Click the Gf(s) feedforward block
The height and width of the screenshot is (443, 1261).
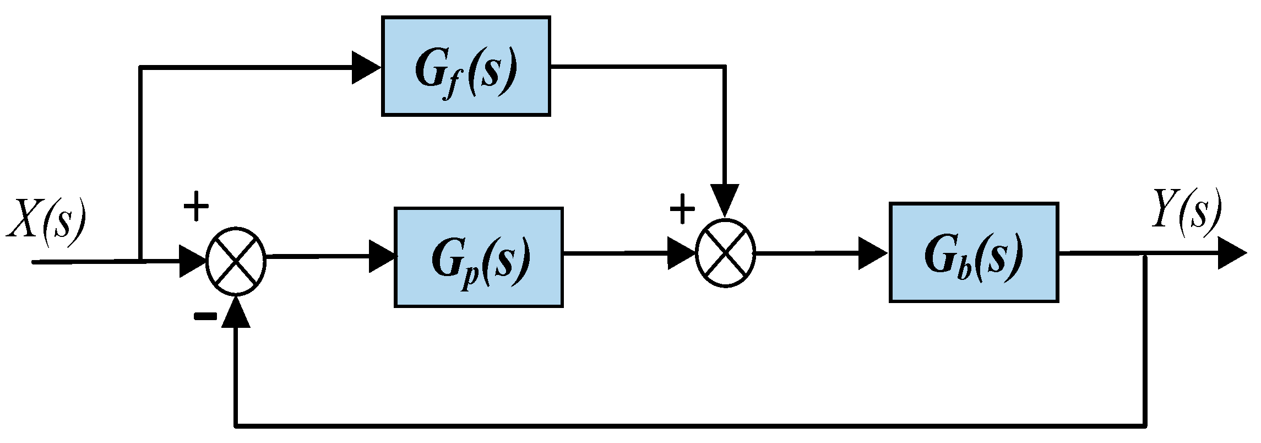tap(466, 66)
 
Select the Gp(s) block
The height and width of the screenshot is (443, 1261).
tap(479, 257)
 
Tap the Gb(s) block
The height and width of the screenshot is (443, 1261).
tap(974, 252)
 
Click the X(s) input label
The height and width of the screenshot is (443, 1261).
tap(47, 219)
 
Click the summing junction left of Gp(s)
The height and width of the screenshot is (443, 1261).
tap(236, 257)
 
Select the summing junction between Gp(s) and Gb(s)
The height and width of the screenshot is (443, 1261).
tap(725, 253)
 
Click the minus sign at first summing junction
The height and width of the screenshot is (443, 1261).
tap(205, 316)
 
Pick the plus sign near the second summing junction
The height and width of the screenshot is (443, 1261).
tap(682, 210)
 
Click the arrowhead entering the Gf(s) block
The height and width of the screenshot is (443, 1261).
tap(366, 68)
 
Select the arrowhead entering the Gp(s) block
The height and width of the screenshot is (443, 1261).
tap(382, 256)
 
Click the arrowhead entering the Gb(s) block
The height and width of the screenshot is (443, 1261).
tap(872, 253)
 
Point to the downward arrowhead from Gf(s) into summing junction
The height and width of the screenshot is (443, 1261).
tap(724, 201)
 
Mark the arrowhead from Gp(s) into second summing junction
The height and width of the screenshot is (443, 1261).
tap(682, 253)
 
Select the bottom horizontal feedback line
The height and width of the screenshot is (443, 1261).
tap(688, 425)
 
